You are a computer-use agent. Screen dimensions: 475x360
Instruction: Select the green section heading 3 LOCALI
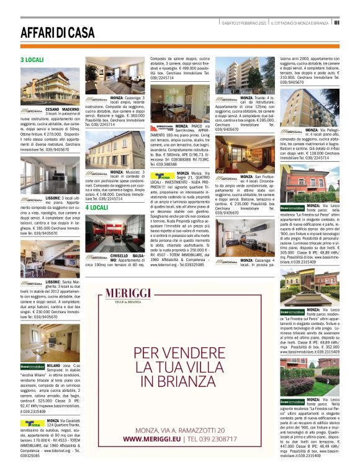pos(32,60)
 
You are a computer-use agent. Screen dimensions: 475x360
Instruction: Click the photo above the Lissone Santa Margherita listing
pos(41,257)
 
